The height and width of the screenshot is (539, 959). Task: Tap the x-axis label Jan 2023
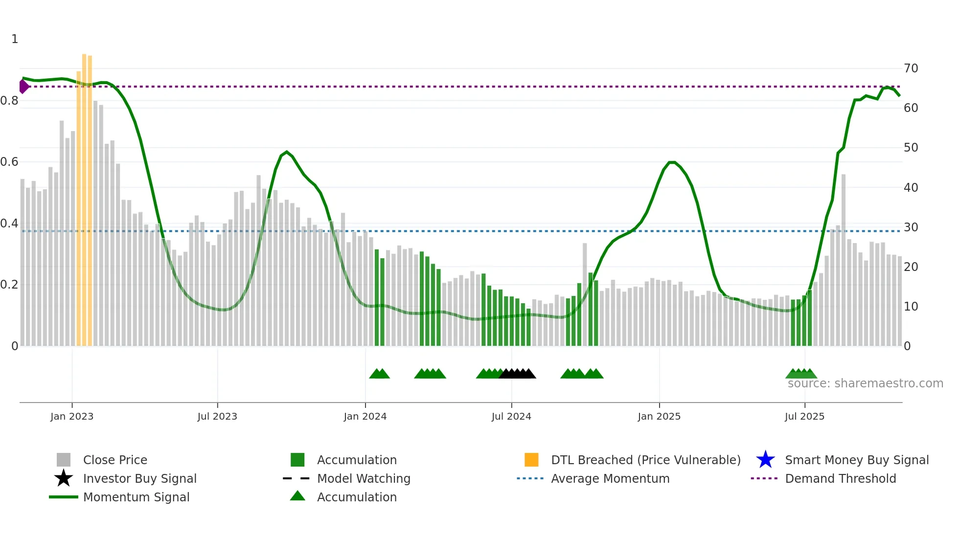tap(72, 416)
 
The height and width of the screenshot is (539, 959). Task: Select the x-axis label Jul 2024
tap(511, 416)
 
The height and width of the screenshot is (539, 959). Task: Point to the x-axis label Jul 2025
tap(804, 416)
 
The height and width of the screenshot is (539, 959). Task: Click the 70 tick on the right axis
tap(911, 68)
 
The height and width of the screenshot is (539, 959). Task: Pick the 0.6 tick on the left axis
tap(10, 162)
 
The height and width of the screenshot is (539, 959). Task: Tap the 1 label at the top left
tap(15, 39)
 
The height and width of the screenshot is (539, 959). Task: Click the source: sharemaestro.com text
tap(865, 383)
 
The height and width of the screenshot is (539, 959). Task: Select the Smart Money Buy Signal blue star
tap(765, 460)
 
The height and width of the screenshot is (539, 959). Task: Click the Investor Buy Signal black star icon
tap(64, 478)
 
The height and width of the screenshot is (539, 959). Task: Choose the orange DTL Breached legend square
tap(531, 460)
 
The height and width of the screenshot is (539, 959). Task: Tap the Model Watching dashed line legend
tap(296, 478)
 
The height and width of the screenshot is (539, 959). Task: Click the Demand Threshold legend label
tap(840, 478)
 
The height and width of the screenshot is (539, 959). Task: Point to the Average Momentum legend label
tap(610, 478)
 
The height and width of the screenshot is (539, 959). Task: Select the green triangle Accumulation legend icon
tap(297, 496)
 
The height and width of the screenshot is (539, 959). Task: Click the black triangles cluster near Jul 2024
tap(518, 374)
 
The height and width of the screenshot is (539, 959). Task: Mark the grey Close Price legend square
tap(64, 460)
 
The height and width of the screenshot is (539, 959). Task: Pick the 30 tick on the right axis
tap(911, 227)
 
